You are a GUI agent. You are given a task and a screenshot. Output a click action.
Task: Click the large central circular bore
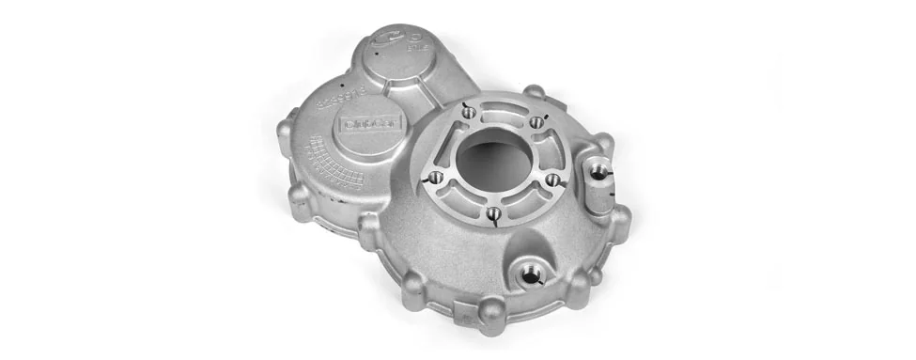coord(496,160)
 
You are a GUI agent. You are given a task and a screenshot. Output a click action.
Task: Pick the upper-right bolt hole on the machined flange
coord(536,121)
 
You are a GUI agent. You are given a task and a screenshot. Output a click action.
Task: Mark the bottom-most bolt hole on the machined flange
coord(492,214)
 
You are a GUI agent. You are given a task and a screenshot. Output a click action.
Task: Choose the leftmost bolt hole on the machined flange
coord(433,176)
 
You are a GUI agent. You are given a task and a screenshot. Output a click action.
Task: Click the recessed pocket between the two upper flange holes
coord(504,112)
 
